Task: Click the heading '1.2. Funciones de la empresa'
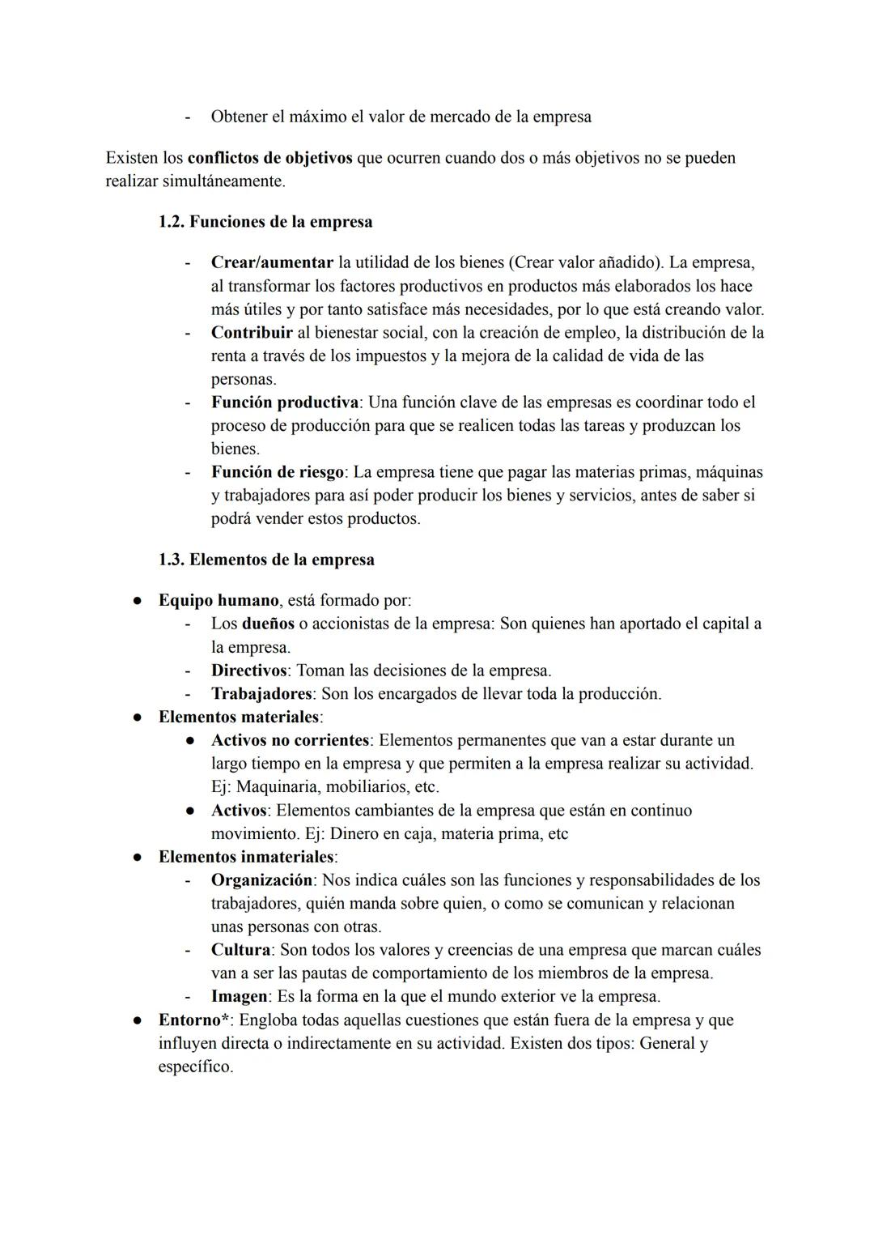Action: (x=265, y=222)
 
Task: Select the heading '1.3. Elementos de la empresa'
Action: (x=266, y=560)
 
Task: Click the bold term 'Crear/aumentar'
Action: (x=272, y=262)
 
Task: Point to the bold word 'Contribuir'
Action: (x=252, y=333)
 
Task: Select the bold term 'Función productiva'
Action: (x=285, y=402)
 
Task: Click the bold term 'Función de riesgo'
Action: (x=278, y=472)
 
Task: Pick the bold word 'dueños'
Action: (x=268, y=624)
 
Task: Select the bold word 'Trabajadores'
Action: (x=261, y=694)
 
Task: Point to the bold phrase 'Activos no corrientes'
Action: (x=290, y=740)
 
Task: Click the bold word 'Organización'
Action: (x=261, y=880)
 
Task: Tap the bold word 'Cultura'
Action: (x=240, y=950)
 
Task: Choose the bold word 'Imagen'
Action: (x=239, y=997)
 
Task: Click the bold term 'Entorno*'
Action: (x=193, y=1020)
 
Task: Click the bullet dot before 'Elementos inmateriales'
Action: (x=138, y=857)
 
